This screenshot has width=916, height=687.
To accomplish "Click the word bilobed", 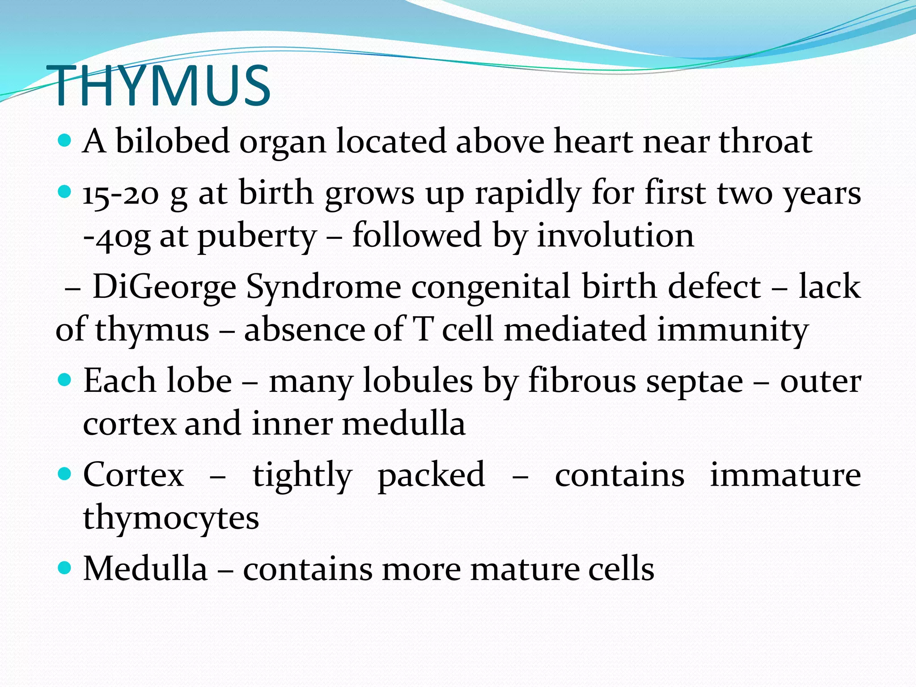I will tap(172, 141).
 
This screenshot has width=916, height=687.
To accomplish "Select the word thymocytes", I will tap(171, 518).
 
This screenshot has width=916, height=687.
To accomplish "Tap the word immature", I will tap(785, 475).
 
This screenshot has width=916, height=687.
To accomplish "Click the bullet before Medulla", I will tap(65, 568).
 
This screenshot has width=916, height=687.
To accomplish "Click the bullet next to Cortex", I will tap(65, 474).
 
